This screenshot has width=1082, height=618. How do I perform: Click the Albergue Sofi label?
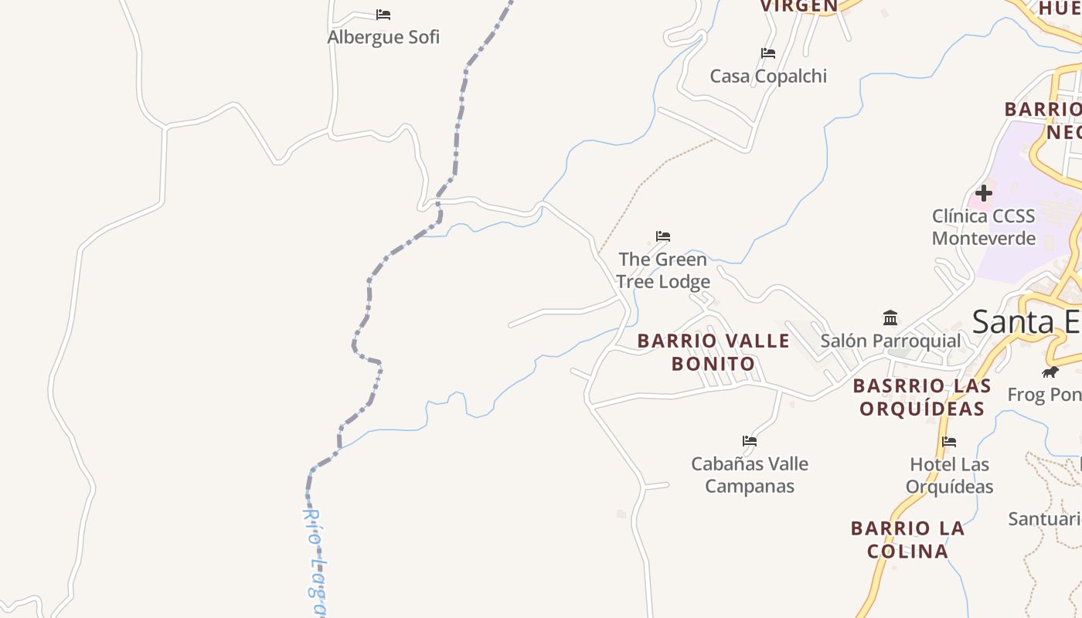click(x=383, y=37)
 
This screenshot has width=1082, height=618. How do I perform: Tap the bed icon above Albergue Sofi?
click(x=383, y=15)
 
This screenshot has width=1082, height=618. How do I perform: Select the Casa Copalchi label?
click(x=768, y=76)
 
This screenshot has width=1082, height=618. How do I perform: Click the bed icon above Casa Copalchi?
click(x=768, y=53)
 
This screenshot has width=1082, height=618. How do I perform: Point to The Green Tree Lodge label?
click(x=663, y=270)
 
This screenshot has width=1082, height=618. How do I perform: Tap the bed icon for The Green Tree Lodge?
click(x=663, y=236)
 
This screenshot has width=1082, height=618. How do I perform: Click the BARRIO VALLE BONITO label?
click(x=713, y=352)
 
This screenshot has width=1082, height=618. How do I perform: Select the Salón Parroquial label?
click(x=890, y=341)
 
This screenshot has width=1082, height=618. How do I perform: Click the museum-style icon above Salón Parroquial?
click(x=890, y=317)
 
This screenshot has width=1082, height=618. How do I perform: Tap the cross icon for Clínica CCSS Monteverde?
click(x=984, y=192)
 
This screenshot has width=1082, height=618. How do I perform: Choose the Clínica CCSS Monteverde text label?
click(x=983, y=227)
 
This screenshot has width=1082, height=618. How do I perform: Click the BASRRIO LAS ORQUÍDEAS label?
click(x=922, y=397)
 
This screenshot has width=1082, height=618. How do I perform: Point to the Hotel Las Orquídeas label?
click(x=949, y=475)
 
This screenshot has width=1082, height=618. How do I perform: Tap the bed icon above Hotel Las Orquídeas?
click(x=949, y=442)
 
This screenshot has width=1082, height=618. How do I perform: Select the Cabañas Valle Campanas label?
click(x=750, y=475)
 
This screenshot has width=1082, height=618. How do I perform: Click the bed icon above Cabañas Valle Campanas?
click(x=750, y=442)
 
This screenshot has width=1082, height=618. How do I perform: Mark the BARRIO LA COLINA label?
click(x=908, y=540)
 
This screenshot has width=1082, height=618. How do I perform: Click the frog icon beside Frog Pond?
click(x=1050, y=372)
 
